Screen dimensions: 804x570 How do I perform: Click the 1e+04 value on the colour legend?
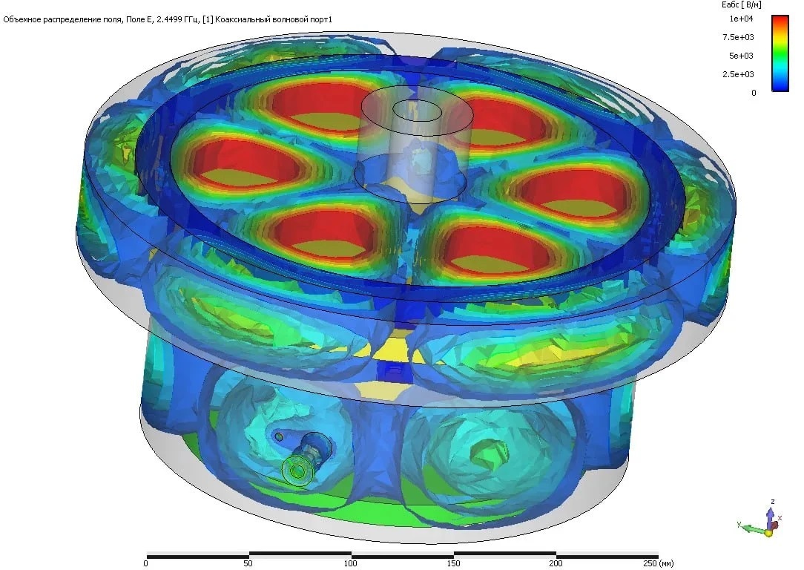tap(742, 19)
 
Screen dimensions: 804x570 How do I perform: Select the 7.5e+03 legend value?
tap(739, 37)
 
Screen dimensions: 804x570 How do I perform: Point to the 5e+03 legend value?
tap(742, 56)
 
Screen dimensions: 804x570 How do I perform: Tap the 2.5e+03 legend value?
tap(739, 74)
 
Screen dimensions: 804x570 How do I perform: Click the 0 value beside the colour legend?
tap(754, 93)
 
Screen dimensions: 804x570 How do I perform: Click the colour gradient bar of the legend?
tap(780, 53)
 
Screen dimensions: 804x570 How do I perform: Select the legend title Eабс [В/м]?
tap(742, 5)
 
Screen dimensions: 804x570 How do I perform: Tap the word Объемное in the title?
tap(21, 19)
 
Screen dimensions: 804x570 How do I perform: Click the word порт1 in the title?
tap(320, 19)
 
